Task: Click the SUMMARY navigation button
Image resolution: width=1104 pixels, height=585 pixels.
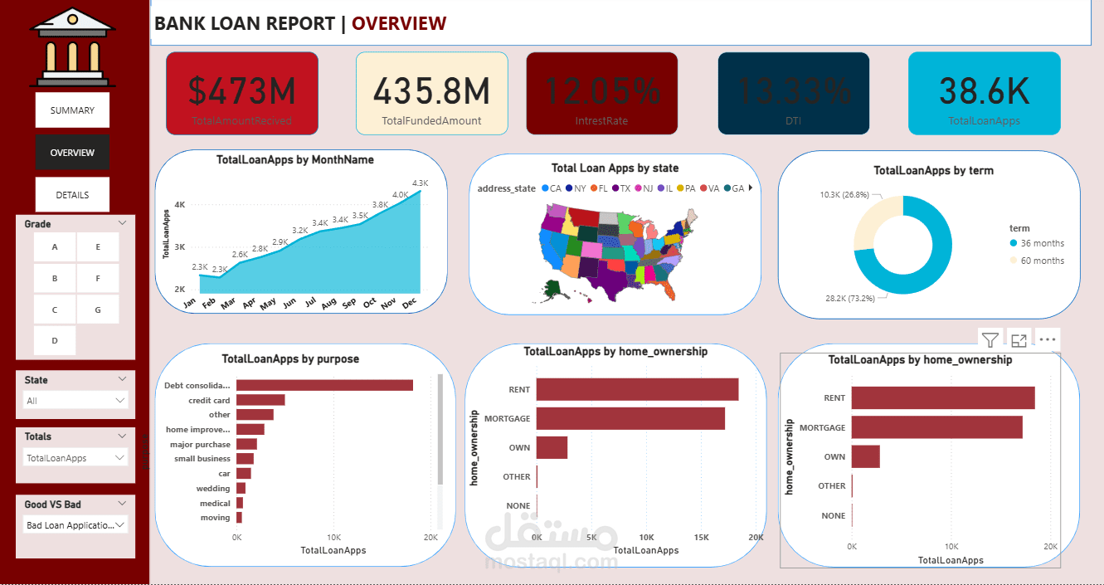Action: [72, 110]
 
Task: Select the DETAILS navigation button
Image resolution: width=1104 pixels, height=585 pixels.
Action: [72, 195]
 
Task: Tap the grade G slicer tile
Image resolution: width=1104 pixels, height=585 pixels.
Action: [98, 310]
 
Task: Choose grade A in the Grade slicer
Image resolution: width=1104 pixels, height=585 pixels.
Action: [55, 246]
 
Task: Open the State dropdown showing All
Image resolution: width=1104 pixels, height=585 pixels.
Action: [75, 401]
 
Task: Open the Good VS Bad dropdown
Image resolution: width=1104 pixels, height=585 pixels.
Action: [75, 525]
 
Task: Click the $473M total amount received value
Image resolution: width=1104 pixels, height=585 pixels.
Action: [241, 91]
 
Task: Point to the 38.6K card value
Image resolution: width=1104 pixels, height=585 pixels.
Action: [984, 91]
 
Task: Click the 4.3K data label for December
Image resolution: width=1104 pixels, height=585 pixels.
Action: [420, 183]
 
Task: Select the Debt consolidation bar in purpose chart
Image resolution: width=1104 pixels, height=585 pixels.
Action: [324, 385]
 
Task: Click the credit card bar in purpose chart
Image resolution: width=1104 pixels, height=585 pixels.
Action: [260, 400]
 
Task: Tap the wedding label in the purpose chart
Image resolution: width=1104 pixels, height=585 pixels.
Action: [213, 489]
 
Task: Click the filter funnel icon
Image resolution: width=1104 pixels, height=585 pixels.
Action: [990, 339]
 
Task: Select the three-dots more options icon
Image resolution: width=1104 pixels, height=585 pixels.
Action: [1047, 339]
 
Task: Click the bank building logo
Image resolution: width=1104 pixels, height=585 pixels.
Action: [73, 47]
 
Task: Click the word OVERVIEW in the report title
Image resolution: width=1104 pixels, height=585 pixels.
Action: [399, 24]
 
